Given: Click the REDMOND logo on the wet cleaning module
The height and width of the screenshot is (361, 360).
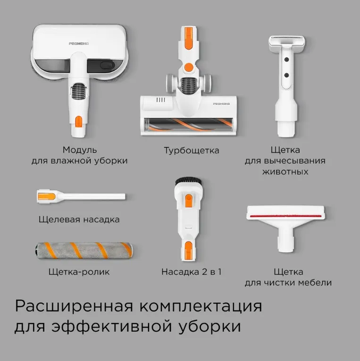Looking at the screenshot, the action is [x=79, y=43].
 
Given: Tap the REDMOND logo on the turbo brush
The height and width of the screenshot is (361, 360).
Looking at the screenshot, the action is [x=221, y=104].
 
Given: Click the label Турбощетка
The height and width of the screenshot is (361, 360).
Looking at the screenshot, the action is [x=192, y=151].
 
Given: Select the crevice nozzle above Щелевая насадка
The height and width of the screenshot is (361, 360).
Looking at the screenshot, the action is [x=81, y=197].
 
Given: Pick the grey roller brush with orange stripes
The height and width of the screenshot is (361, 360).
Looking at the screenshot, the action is [x=84, y=251].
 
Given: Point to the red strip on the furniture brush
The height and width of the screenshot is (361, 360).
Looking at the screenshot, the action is [x=285, y=216].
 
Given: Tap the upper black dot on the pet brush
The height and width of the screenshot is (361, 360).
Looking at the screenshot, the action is [x=286, y=59].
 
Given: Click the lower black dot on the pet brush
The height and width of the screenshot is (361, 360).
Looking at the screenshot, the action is [x=286, y=76].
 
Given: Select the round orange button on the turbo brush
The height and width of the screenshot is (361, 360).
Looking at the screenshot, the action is [x=189, y=67].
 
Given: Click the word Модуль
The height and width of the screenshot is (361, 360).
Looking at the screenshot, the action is [x=80, y=150].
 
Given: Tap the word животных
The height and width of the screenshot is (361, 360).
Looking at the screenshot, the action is [x=285, y=172].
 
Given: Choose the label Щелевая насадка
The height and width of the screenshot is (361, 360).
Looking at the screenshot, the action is [x=79, y=219].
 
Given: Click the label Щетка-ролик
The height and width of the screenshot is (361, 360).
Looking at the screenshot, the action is [x=79, y=272].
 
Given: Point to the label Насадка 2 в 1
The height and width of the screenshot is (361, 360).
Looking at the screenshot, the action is [x=191, y=272].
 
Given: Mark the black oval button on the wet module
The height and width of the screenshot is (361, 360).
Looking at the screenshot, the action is [x=107, y=65].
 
